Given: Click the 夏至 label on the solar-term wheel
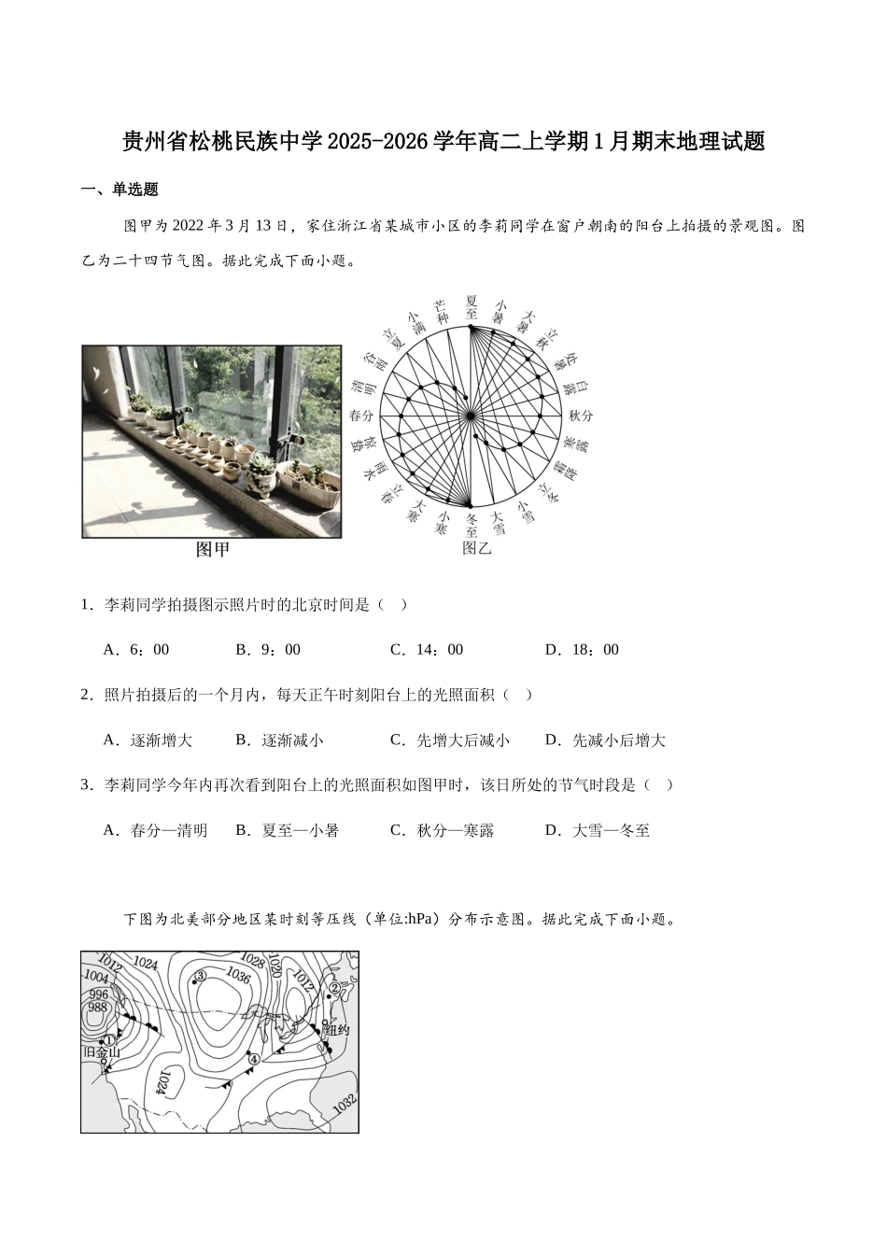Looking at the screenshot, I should click(472, 306).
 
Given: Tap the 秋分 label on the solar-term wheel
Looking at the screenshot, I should click(581, 416).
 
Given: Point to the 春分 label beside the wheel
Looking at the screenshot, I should click(360, 416).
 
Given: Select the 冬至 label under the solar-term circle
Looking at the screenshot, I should click(472, 525).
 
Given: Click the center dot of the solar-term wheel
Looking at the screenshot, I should click(472, 416).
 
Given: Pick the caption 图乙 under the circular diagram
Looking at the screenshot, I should click(477, 549).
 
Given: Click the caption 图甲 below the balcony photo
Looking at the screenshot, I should click(213, 550).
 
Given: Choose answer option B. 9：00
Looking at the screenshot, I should click(268, 650).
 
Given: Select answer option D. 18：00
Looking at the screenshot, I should click(582, 650).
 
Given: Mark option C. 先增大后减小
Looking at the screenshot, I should click(450, 740).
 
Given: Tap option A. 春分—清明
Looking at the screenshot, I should click(155, 830).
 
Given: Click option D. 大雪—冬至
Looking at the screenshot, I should click(598, 830).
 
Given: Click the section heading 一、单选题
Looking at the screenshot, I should click(120, 190).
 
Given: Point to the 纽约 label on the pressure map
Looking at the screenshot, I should click(335, 1031).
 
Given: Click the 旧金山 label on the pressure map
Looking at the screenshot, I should click(102, 1053).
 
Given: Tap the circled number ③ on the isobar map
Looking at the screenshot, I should click(199, 977).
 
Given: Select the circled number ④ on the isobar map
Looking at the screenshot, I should click(253, 1059).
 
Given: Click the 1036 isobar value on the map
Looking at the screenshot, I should click(238, 976).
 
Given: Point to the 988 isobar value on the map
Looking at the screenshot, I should click(97, 1008).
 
